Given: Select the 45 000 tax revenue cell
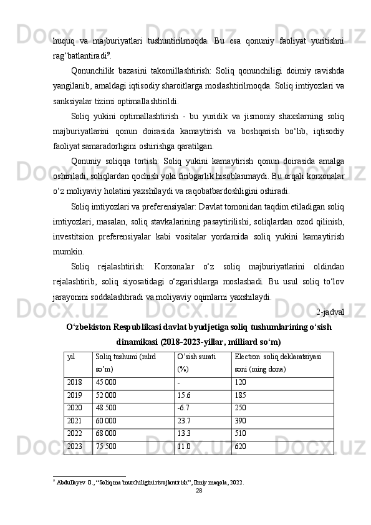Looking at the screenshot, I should click(105, 382).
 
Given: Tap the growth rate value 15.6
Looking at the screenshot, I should click(184, 395).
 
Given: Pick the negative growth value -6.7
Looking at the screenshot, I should click(184, 408).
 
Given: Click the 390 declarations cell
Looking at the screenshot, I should click(241, 421).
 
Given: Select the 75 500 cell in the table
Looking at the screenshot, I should click(105, 446).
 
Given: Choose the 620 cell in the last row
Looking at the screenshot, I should click(241, 446).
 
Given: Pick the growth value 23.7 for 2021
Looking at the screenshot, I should click(184, 421).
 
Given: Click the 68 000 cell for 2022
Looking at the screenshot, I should click(105, 433).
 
